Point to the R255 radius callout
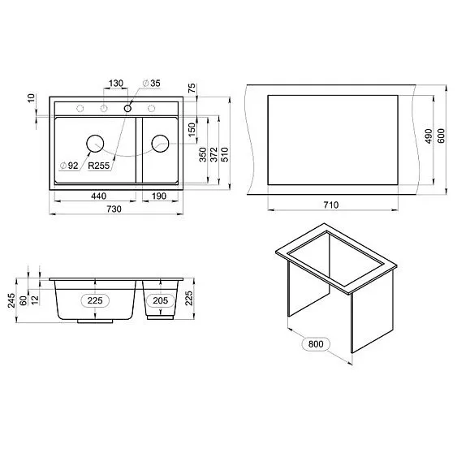coord(98,166)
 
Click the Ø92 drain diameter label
coord(68,166)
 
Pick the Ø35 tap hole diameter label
coord(153,83)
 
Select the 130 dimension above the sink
coord(115,83)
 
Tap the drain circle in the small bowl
coord(159,144)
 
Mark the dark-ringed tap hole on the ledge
coord(127,109)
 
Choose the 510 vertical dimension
coord(224,154)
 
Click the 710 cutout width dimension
coord(331,205)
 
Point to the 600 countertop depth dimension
coord(441,138)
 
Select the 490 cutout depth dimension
coord(429,138)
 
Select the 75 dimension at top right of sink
coord(192,89)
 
